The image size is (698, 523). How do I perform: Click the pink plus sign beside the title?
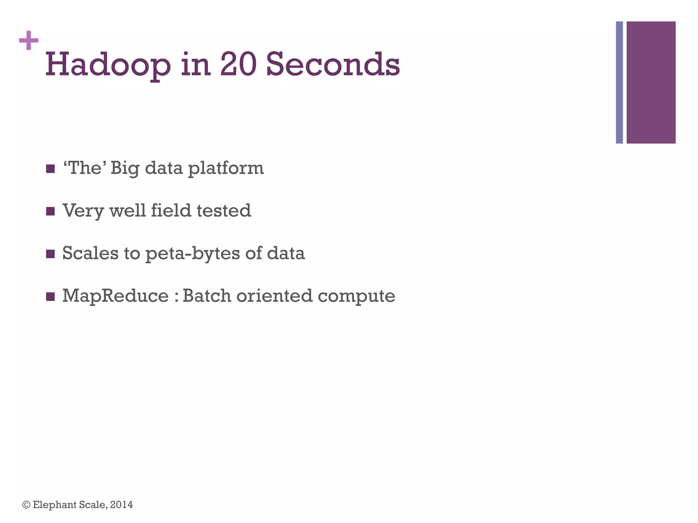29,41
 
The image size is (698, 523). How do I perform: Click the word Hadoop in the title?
108,65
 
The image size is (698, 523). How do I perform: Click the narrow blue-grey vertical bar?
619,82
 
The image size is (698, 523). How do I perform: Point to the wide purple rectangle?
651,82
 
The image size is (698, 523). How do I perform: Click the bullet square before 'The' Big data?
50,169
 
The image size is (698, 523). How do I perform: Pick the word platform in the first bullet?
226,168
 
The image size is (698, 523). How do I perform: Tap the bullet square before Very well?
50,211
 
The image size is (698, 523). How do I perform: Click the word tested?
224,210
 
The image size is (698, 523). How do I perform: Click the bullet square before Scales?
50,254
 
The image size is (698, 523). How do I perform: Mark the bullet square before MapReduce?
50,297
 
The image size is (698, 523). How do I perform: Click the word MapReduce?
116,296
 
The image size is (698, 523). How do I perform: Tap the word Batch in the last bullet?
207,296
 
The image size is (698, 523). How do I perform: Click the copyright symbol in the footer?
26,505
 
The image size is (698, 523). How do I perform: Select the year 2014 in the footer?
122,505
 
